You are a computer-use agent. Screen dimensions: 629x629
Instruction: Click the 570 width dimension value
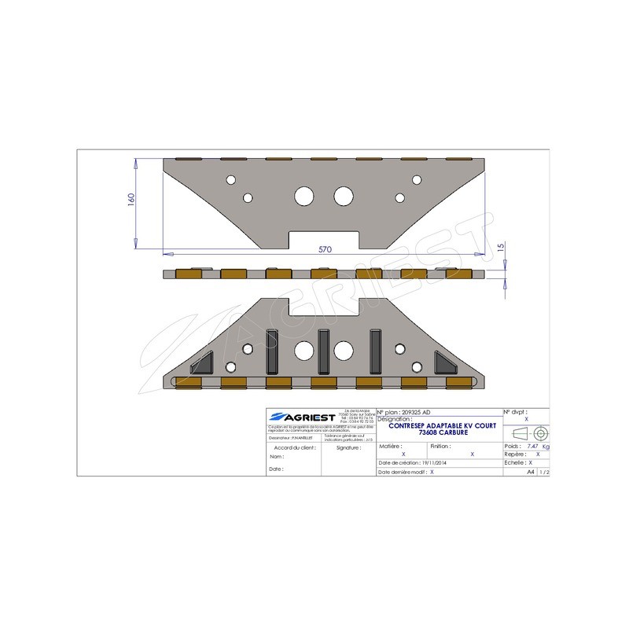coord(325,249)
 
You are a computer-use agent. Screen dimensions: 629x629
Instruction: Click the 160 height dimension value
coord(131,200)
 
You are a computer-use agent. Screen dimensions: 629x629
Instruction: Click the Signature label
coord(348,447)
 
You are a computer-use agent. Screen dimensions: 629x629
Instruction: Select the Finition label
coord(440,446)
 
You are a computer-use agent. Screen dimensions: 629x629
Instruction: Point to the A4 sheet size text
coord(531,473)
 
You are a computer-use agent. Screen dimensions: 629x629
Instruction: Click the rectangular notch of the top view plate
coord(325,239)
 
